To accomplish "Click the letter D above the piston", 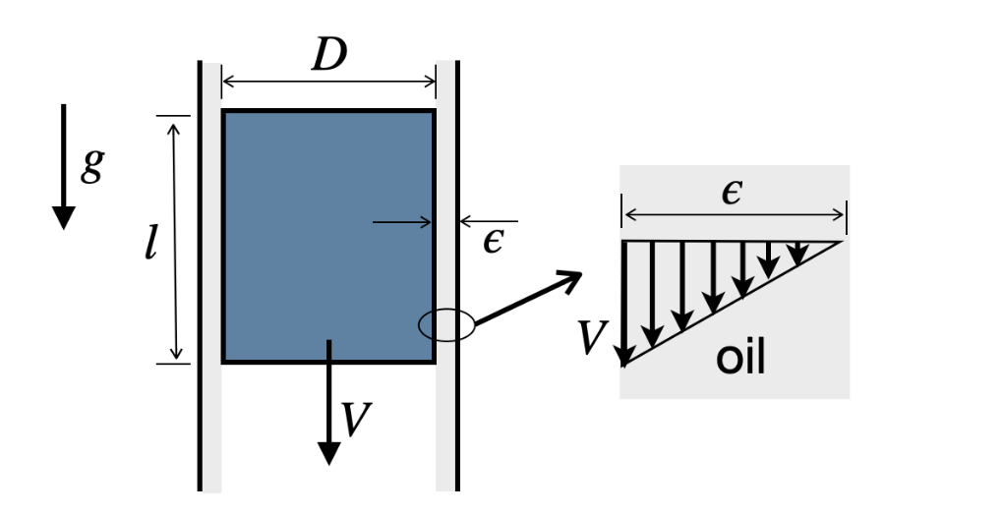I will coord(329,57).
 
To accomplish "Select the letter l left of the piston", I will coord(150,240).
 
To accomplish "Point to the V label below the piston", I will coord(355,420).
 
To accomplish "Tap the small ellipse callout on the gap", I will coord(446,324).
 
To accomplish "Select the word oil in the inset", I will coord(740,359).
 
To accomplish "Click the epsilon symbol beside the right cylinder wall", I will coord(493,240).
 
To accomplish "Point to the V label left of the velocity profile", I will coord(593,338).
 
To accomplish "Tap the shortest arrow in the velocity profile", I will coord(799,253).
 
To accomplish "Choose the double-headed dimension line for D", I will coord(328,83).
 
